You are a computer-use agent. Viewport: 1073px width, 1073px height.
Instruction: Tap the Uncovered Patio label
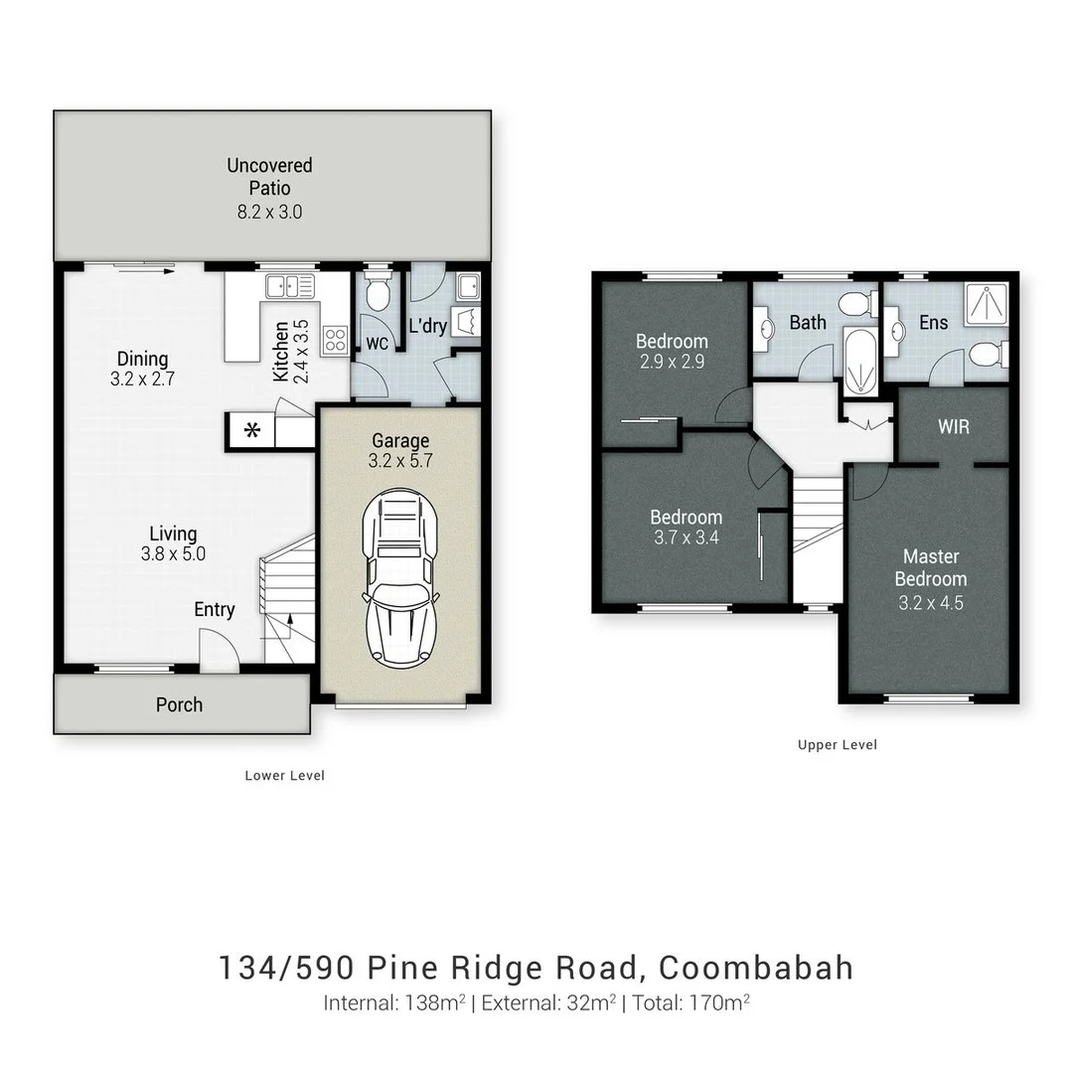pyautogui.click(x=269, y=176)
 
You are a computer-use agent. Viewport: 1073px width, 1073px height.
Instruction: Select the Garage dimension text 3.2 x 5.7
pyautogui.click(x=400, y=461)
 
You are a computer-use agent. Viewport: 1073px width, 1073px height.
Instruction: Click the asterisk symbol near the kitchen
pyautogui.click(x=252, y=431)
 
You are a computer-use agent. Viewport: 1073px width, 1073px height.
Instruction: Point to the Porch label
pyautogui.click(x=179, y=704)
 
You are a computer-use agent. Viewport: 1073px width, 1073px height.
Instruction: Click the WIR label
pyautogui.click(x=953, y=427)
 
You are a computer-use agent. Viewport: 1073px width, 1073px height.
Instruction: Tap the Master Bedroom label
pyautogui.click(x=930, y=567)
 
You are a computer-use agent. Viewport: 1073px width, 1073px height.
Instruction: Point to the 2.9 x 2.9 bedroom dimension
pyautogui.click(x=673, y=362)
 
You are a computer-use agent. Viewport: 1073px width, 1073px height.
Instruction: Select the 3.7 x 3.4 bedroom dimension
pyautogui.click(x=686, y=538)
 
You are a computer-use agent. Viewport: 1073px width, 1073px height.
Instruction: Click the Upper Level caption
pyautogui.click(x=838, y=744)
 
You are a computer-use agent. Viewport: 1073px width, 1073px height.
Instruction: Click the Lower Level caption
pyautogui.click(x=284, y=775)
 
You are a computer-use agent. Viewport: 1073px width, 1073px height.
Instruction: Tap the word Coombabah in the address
pyautogui.click(x=756, y=968)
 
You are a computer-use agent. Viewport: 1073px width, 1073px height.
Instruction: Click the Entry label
pyautogui.click(x=214, y=610)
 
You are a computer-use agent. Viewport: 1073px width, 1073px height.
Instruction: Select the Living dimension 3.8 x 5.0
pyautogui.click(x=173, y=554)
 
